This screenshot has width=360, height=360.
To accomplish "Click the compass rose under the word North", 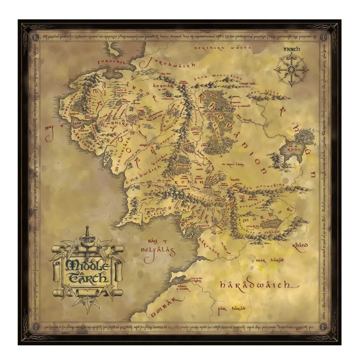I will pos(291,70).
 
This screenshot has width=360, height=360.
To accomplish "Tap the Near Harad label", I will pos(270,260).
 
